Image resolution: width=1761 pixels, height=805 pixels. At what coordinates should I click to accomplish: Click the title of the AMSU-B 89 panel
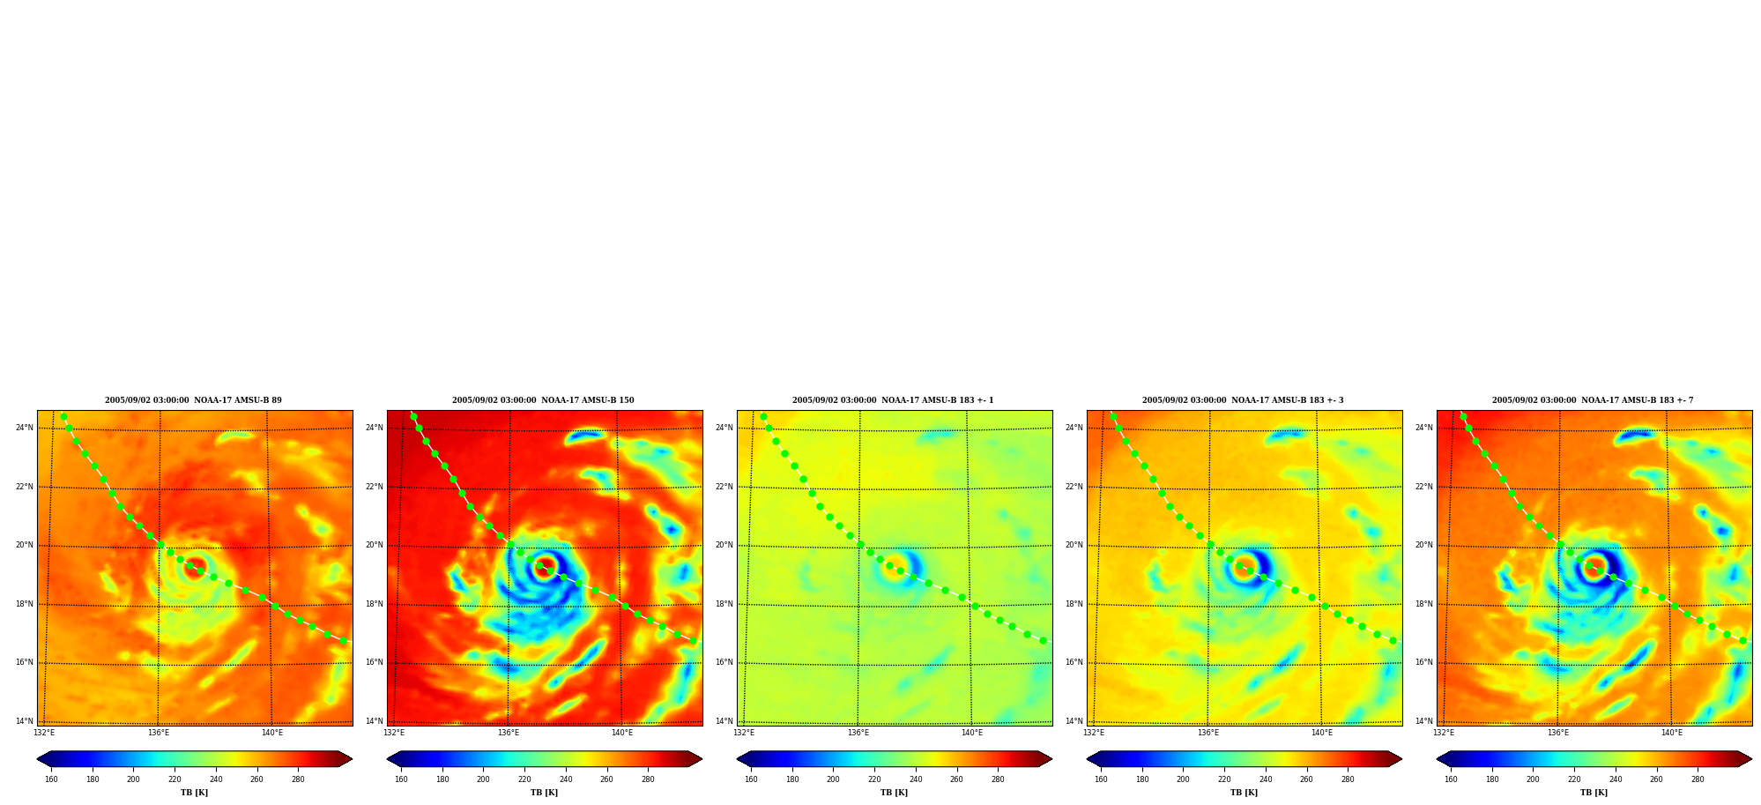tap(193, 400)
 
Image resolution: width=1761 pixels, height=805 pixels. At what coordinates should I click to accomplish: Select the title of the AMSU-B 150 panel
tap(543, 400)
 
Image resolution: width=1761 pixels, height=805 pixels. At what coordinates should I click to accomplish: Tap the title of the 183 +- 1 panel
tap(893, 400)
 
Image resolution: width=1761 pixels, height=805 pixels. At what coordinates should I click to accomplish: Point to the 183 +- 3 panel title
tap(1243, 400)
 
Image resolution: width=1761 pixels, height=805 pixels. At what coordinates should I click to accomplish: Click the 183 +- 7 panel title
tap(1593, 400)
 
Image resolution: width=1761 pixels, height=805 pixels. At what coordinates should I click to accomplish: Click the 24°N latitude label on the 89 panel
tap(24, 428)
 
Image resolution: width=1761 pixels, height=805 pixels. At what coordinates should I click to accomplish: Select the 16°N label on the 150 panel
tap(375, 662)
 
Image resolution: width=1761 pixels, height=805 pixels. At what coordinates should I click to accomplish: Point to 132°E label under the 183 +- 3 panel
tap(1094, 733)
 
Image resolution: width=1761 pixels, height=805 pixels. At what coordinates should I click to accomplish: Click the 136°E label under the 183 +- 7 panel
tap(1558, 733)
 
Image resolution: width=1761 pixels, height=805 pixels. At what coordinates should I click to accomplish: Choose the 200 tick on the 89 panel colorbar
tap(133, 779)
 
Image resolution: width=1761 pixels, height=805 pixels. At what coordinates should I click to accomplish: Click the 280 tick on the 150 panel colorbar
tap(648, 779)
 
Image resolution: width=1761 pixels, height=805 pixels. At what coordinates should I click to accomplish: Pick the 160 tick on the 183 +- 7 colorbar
tap(1451, 779)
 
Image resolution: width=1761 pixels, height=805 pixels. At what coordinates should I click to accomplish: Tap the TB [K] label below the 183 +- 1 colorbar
tap(894, 793)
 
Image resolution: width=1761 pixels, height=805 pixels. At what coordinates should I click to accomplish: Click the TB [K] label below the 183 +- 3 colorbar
tap(1244, 793)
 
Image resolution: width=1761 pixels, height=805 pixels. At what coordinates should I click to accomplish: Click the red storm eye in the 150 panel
tap(545, 566)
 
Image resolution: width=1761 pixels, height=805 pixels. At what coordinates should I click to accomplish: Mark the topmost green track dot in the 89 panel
tap(63, 417)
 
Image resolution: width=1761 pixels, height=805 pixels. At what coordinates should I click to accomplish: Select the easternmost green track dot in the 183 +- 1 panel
tap(1043, 641)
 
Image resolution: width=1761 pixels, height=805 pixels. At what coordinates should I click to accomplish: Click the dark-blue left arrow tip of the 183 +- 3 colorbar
tap(1088, 759)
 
